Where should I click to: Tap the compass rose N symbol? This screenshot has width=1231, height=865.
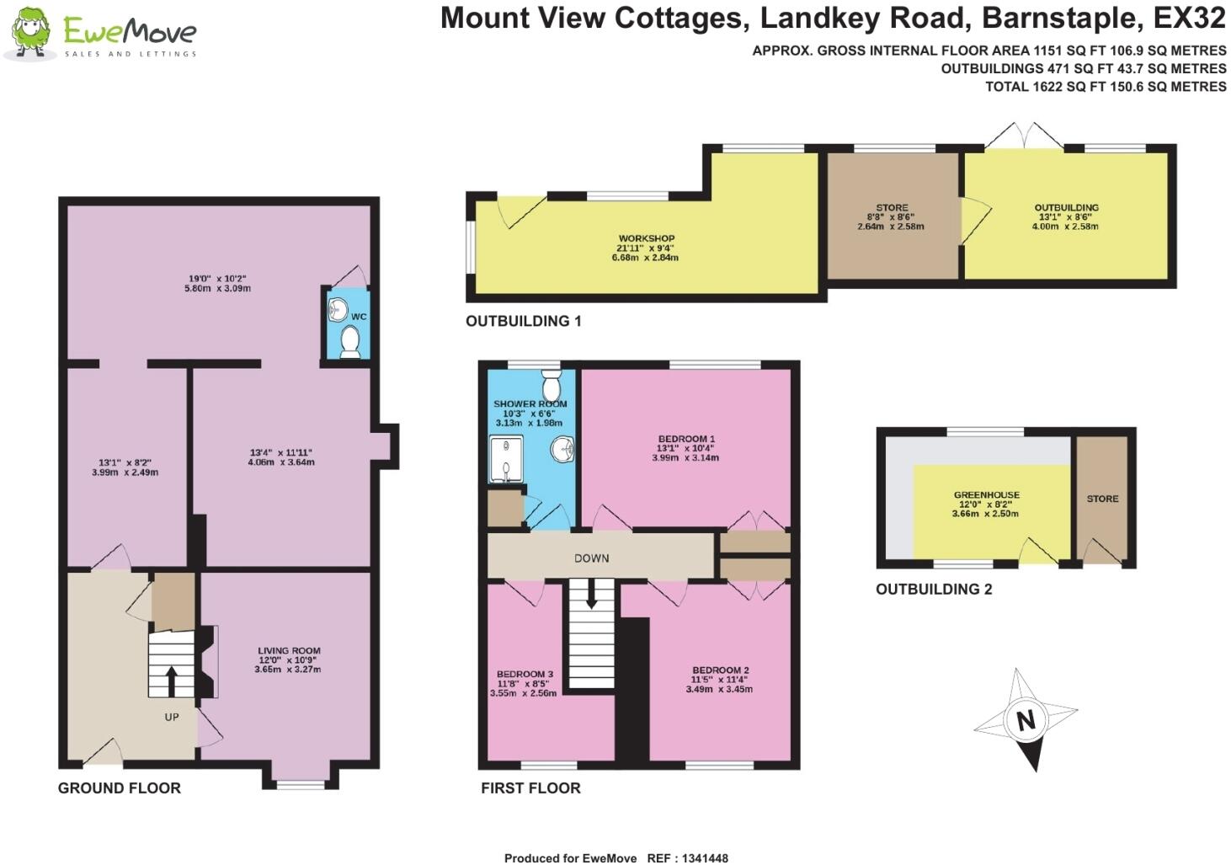[1025, 721]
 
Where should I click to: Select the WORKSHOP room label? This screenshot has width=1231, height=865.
[646, 239]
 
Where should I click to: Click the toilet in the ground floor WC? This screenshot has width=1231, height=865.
[350, 341]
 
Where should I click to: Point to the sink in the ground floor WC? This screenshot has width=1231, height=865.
[338, 309]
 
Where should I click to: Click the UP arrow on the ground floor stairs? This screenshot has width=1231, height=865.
[172, 681]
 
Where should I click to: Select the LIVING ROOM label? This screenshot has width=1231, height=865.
[289, 651]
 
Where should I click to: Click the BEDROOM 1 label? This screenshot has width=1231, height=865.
[685, 439]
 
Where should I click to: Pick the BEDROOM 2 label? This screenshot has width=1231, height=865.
[720, 670]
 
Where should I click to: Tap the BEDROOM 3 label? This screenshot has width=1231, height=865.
[524, 674]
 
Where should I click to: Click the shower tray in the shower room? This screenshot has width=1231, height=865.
[506, 459]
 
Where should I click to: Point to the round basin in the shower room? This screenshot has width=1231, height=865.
[562, 451]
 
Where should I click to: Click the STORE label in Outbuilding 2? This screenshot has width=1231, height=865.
[1102, 499]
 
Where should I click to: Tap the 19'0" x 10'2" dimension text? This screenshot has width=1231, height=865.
[217, 278]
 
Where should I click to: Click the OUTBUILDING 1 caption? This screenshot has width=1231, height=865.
[523, 321]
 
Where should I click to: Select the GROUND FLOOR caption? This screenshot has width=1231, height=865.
[119, 788]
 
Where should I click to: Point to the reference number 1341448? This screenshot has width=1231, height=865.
[699, 858]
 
